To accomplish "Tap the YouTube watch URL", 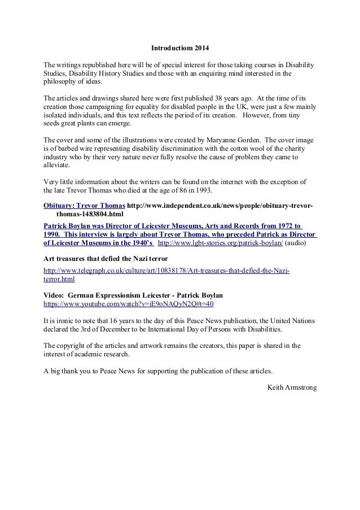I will (129, 303).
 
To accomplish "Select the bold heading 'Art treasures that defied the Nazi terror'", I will (106, 258).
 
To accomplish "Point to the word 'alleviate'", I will (56, 166).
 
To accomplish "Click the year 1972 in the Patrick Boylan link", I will (287, 225).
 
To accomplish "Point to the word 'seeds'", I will (53, 123).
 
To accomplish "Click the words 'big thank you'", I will (69, 371).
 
